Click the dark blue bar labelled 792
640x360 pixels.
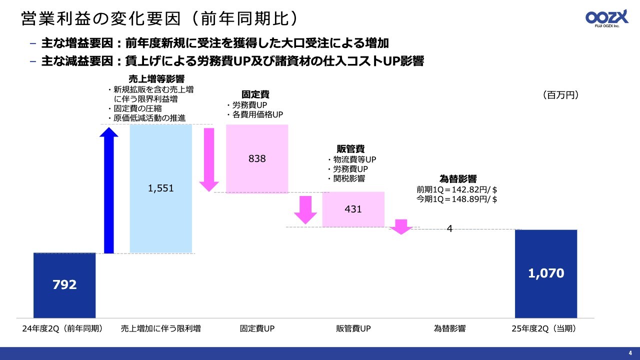click(64, 285)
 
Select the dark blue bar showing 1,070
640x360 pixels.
click(546, 273)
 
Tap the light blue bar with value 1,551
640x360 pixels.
click(161, 188)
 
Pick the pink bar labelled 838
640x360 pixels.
click(257, 158)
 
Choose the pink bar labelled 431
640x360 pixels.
click(353, 209)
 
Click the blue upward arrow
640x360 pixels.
click(109, 190)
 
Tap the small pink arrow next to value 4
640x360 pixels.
click(400, 227)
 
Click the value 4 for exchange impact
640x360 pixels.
click(449, 228)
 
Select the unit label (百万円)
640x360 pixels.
click(560, 95)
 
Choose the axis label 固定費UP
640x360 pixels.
click(257, 329)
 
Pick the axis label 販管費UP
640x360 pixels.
click(353, 329)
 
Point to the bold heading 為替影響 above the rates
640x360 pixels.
click(457, 178)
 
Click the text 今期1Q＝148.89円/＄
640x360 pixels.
click(456, 199)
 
